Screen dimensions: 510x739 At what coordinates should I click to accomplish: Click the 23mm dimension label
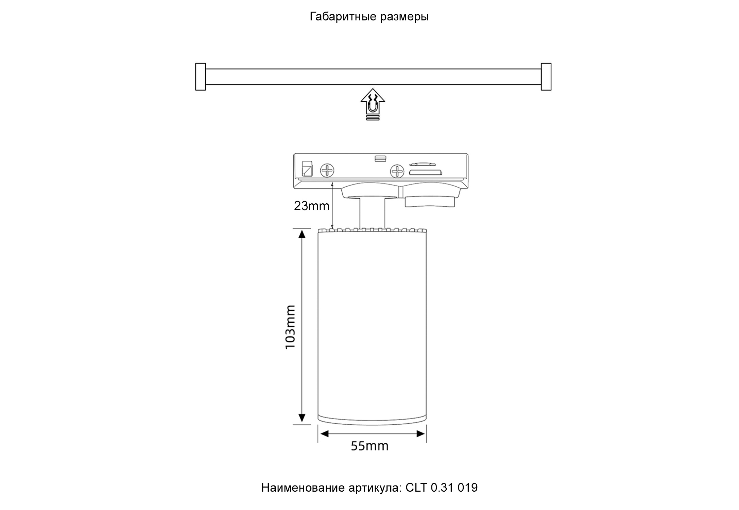(311, 206)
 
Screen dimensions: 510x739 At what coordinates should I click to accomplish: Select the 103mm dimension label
(290, 327)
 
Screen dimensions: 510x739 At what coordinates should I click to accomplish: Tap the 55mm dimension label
(369, 446)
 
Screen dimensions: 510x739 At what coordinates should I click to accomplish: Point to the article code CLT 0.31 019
(442, 488)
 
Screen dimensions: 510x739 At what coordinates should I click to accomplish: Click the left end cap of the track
(201, 77)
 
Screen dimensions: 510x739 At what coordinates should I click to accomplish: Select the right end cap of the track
(546, 77)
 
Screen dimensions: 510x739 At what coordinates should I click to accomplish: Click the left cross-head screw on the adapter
(327, 170)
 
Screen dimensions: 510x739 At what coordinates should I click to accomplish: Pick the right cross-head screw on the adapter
(397, 171)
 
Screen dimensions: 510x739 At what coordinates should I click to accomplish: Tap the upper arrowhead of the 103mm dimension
(302, 234)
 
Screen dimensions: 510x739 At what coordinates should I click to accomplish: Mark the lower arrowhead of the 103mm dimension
(302, 418)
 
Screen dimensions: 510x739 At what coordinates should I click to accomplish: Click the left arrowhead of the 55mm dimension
(324, 434)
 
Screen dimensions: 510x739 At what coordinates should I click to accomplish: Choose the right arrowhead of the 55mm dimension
(421, 434)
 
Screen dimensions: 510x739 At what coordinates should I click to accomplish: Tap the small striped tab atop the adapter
(380, 158)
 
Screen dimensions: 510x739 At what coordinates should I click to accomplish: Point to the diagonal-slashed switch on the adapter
(307, 169)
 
